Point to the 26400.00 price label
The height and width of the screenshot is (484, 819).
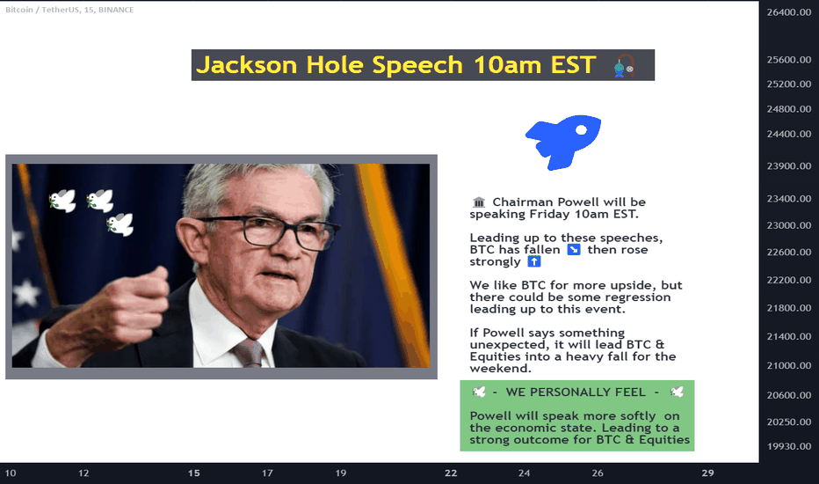(x=789, y=12)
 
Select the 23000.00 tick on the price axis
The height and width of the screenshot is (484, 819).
(x=789, y=225)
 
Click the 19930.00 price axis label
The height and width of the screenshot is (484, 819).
(x=789, y=446)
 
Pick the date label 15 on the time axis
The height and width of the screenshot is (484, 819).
(x=194, y=473)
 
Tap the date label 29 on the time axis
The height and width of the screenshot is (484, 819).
(x=707, y=473)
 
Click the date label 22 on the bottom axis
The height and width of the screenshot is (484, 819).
(x=451, y=473)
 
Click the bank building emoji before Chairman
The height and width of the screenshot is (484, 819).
(x=478, y=202)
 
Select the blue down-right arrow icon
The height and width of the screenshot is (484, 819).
(x=574, y=250)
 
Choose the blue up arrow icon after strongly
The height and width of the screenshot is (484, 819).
(x=533, y=261)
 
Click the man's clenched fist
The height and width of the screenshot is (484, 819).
(x=140, y=297)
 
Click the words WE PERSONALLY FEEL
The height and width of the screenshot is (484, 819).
(x=576, y=392)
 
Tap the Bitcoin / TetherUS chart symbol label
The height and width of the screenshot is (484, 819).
(x=42, y=10)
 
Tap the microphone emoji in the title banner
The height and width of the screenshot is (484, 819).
(x=624, y=66)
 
